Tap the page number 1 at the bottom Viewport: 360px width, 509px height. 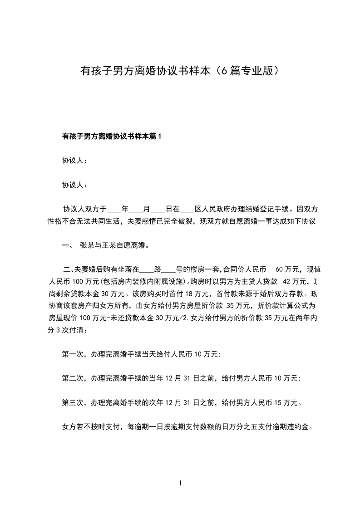180,483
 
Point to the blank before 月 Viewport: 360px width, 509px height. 136,210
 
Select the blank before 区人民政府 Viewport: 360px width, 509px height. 187,210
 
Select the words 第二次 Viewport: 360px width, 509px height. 72,378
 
